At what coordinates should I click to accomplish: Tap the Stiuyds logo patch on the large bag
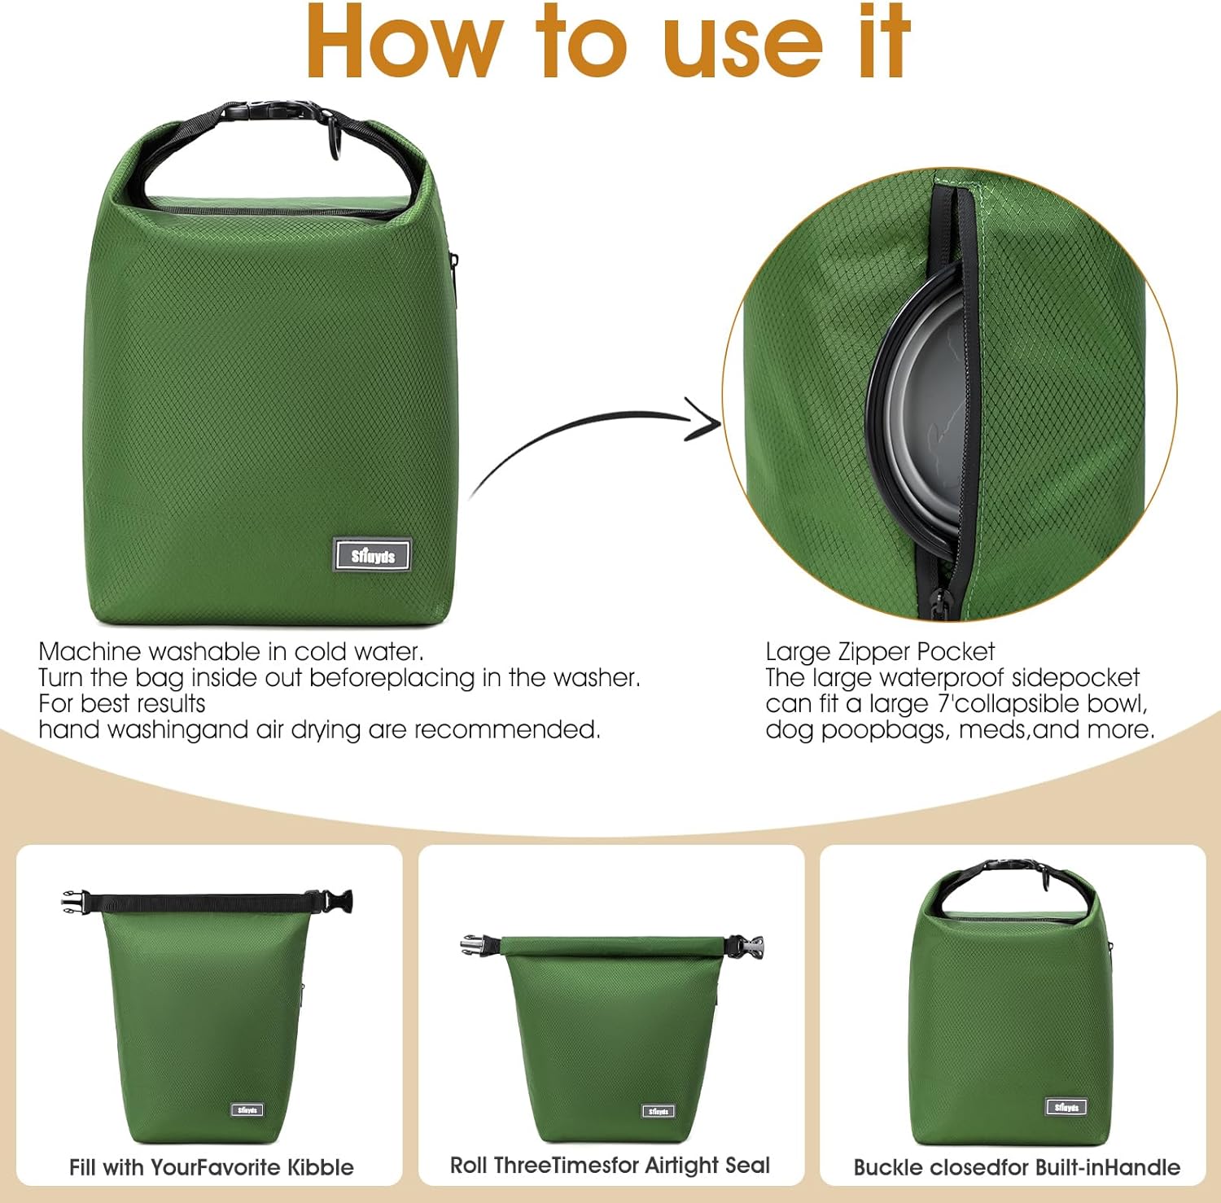click(372, 556)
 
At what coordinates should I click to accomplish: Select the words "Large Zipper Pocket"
click(879, 651)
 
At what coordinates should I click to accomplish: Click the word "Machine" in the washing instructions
click(90, 651)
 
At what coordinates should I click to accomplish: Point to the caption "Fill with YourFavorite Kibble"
click(211, 1167)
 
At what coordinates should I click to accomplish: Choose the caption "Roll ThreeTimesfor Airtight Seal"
click(610, 1166)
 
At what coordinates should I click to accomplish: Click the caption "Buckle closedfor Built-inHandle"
click(1016, 1167)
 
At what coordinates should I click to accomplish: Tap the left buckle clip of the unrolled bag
click(74, 900)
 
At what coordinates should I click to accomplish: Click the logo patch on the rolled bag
click(658, 1111)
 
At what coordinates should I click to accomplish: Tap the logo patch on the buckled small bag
click(1066, 1107)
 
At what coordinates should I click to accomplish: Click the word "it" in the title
click(884, 42)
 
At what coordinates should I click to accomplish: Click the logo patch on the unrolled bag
click(247, 1110)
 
